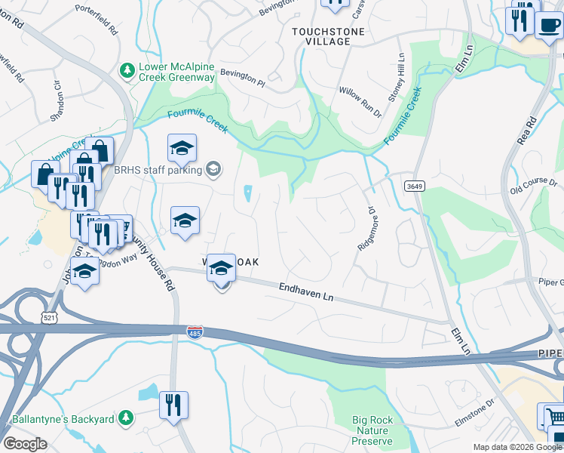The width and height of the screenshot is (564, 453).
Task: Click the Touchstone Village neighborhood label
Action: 328,36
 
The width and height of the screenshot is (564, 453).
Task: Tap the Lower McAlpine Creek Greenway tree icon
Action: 127,70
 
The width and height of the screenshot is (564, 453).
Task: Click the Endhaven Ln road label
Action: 305,293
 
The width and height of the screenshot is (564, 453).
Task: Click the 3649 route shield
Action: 412,186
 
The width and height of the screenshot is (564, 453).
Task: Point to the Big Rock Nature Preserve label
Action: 372,430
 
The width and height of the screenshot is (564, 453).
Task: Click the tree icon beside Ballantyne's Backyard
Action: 127,418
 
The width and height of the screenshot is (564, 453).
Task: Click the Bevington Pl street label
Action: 242,78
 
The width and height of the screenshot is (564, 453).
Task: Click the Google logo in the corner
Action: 25,444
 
